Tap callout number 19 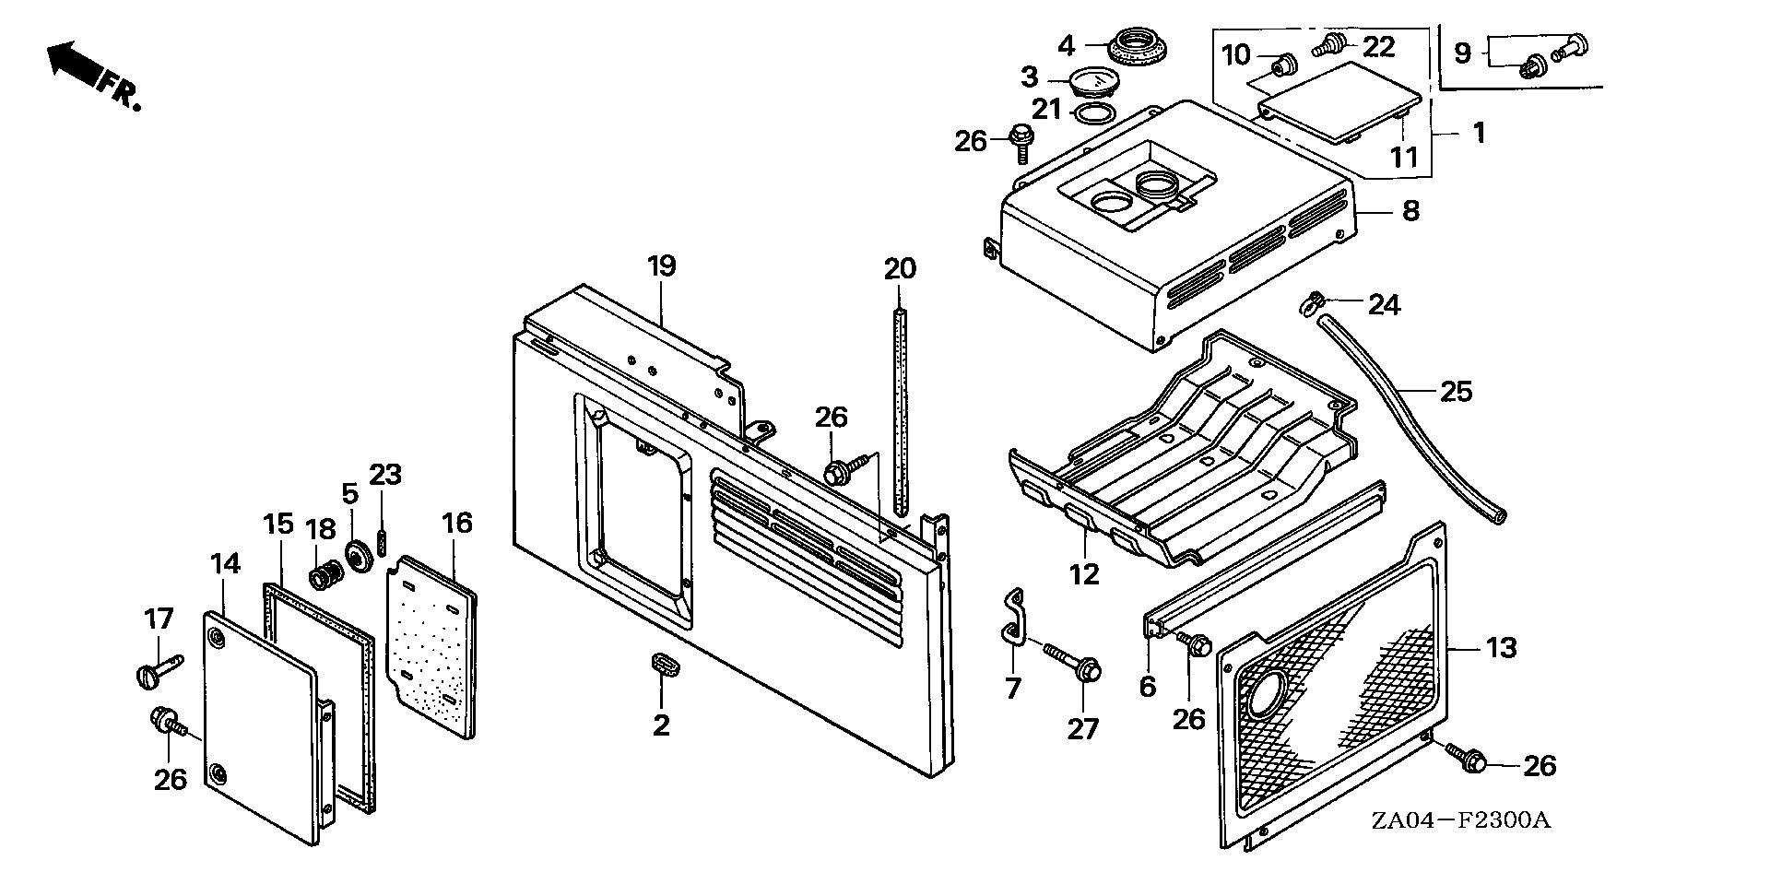pyautogui.click(x=662, y=266)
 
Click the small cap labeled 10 pyautogui.click(x=1282, y=65)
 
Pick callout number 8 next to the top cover pyautogui.click(x=1410, y=211)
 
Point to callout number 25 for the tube pyautogui.click(x=1457, y=392)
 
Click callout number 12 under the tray pyautogui.click(x=1084, y=574)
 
